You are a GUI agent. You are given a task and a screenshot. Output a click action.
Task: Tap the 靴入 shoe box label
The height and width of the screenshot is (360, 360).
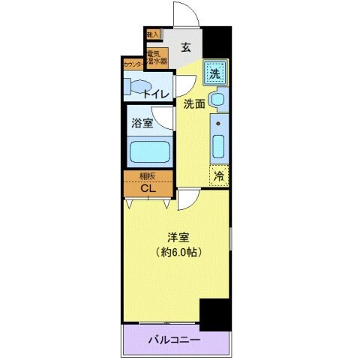click(152, 34)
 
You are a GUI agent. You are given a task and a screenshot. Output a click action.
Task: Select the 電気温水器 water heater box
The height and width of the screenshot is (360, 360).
click(156, 58)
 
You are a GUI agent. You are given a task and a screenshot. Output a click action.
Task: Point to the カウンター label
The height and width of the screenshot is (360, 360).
click(133, 64)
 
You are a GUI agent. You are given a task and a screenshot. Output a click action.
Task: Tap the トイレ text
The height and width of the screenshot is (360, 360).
click(161, 94)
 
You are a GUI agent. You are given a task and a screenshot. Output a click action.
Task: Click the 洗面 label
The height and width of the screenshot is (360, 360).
click(195, 105)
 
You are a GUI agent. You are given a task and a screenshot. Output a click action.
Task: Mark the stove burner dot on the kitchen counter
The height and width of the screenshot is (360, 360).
click(218, 121)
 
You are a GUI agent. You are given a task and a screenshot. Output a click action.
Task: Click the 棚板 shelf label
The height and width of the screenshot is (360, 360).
click(148, 176)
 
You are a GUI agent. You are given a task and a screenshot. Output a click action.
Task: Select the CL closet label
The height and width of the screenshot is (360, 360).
click(148, 187)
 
